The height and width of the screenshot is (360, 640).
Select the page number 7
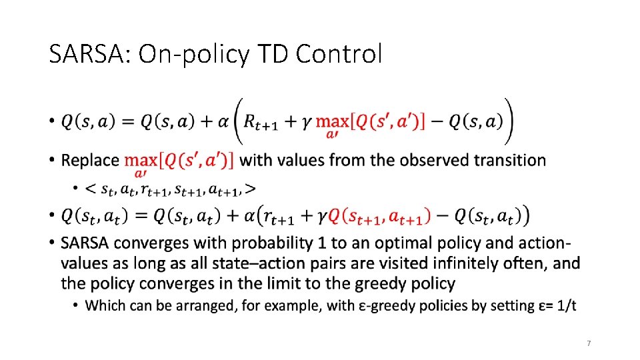pyautogui.click(x=589, y=343)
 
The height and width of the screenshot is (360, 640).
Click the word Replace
pyautogui.click(x=90, y=160)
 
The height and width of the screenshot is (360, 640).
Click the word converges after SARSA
pyautogui.click(x=150, y=243)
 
